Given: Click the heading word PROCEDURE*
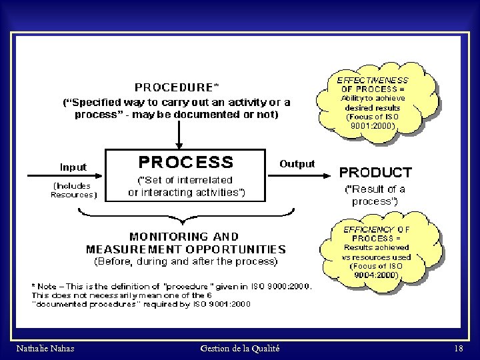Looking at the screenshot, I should click(x=177, y=87).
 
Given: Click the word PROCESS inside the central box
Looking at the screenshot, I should click(x=186, y=162).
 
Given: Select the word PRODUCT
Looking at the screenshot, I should click(x=375, y=172).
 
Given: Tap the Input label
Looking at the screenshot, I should click(x=73, y=167).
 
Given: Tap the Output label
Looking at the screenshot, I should click(x=297, y=163).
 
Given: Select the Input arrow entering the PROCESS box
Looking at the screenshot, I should click(x=63, y=176).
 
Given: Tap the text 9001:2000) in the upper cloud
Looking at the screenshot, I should click(x=373, y=125).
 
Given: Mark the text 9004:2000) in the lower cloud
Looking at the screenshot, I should click(x=376, y=274).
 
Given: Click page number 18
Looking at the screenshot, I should click(x=458, y=349).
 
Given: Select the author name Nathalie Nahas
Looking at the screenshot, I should click(x=45, y=349).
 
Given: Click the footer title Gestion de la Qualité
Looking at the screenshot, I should click(x=240, y=349).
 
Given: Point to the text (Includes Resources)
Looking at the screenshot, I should click(x=74, y=190).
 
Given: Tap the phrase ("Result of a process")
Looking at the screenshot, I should click(x=375, y=195).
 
